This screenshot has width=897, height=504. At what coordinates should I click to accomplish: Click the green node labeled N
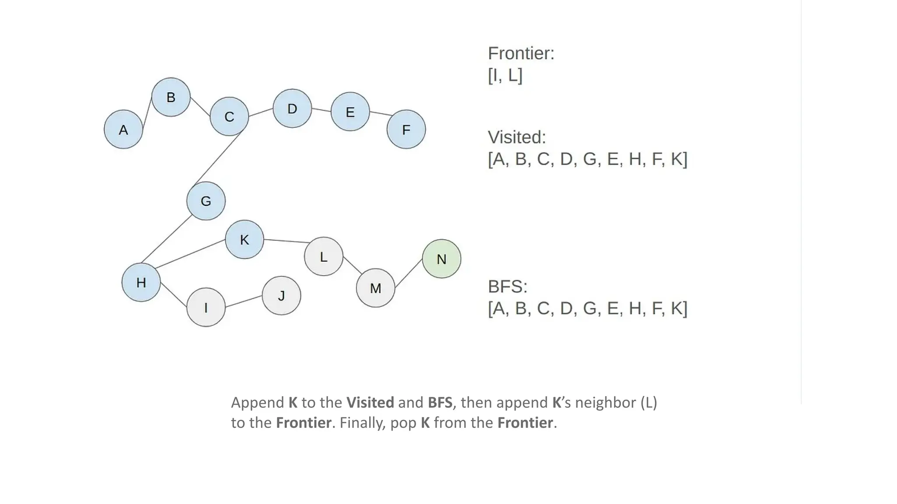pos(441,259)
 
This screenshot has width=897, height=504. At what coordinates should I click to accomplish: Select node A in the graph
pos(124,129)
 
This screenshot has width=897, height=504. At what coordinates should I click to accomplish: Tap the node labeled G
pos(206,201)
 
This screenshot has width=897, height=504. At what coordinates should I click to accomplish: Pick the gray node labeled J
pos(281,296)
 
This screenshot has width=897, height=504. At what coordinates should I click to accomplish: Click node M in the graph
pos(375,288)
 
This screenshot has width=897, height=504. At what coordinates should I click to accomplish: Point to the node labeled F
pos(406,129)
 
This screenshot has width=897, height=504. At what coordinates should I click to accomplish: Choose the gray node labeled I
pos(206,307)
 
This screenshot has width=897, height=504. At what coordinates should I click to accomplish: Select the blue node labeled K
pos(244,239)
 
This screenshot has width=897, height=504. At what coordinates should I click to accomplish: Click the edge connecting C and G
pos(218,157)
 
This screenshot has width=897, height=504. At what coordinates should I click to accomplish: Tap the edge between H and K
pos(191,253)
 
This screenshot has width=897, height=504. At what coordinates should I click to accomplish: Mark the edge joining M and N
pos(409,273)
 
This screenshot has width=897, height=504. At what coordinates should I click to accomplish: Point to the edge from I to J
pos(244,301)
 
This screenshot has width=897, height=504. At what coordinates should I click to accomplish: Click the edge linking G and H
pos(166,239)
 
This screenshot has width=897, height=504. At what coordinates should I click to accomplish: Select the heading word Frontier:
pos(521,53)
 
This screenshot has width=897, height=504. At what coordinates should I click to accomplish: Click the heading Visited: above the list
pos(517,137)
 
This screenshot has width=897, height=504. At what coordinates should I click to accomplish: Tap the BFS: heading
pos(508,287)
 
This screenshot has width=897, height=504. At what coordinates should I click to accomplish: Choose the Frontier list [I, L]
pos(505,75)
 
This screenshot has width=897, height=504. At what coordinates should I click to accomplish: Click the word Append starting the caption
pos(258,402)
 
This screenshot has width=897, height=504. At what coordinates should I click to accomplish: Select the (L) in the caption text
pos(649,402)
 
